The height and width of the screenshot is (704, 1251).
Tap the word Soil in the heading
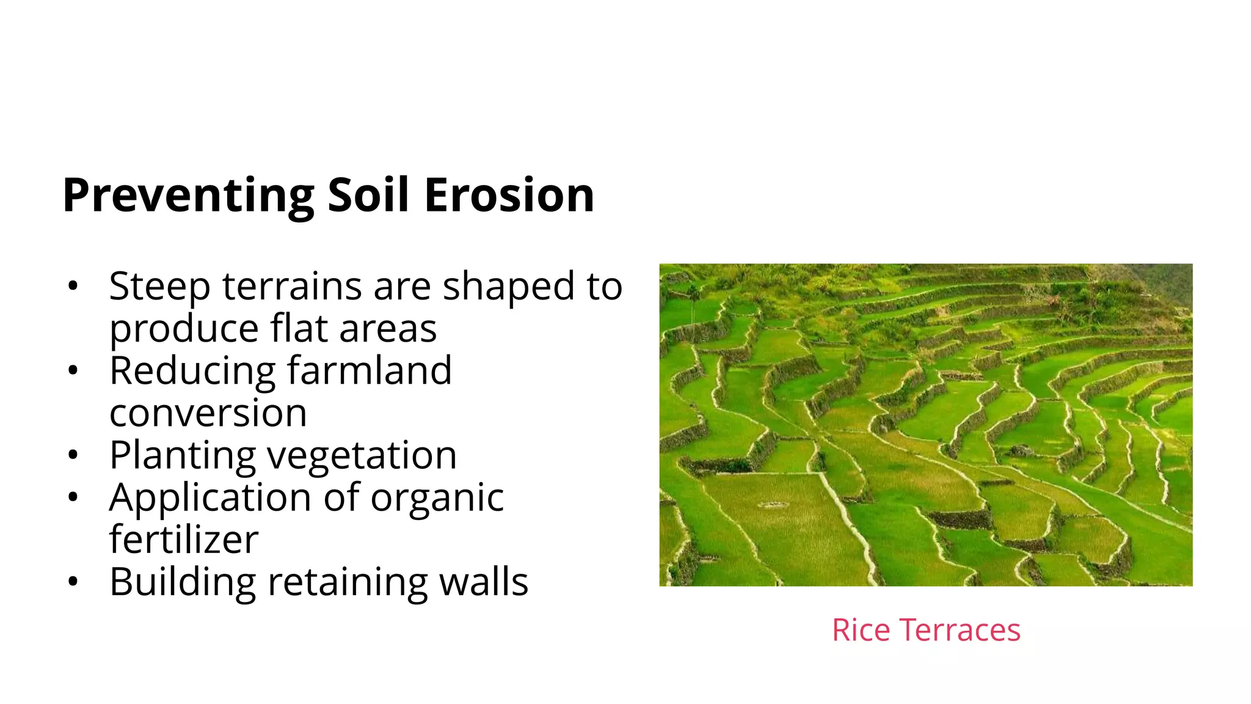click(x=368, y=196)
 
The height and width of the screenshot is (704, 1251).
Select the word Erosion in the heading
click(x=509, y=196)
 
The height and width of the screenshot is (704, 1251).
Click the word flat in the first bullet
click(x=299, y=328)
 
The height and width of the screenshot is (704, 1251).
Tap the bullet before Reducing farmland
click(x=73, y=370)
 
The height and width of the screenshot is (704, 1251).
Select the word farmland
click(x=369, y=370)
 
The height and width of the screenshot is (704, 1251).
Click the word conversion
click(x=208, y=413)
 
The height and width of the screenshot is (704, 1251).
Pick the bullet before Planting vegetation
click(x=73, y=455)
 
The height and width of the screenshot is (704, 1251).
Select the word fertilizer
click(x=184, y=540)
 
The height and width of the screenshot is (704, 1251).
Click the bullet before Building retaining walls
click(x=73, y=582)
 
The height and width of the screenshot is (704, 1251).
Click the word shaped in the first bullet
click(x=508, y=287)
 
